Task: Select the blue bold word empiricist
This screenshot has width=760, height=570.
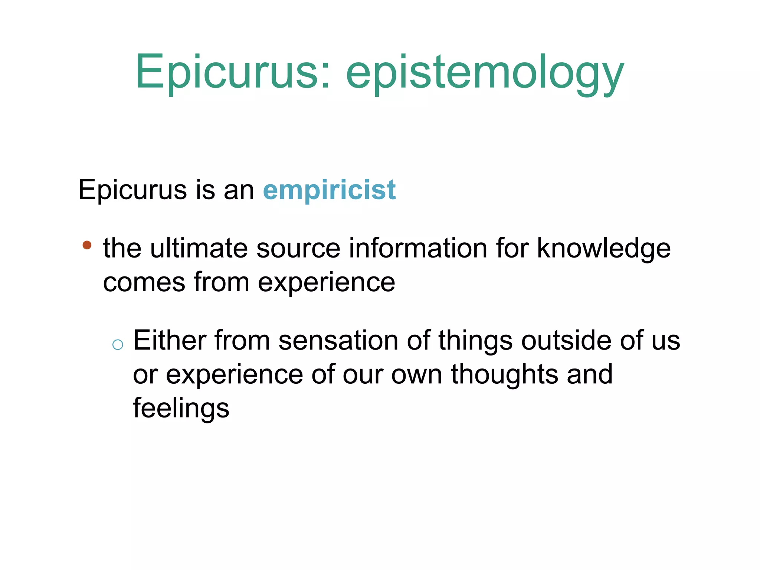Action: [329, 190]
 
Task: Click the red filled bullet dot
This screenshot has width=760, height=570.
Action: [87, 245]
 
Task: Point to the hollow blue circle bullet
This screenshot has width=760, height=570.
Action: [118, 345]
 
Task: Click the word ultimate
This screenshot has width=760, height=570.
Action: [199, 248]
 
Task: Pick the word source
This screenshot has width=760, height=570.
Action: [298, 248]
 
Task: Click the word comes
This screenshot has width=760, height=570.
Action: [144, 282]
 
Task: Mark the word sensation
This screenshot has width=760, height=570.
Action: [338, 341]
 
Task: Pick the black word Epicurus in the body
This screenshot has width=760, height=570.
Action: [132, 190]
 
